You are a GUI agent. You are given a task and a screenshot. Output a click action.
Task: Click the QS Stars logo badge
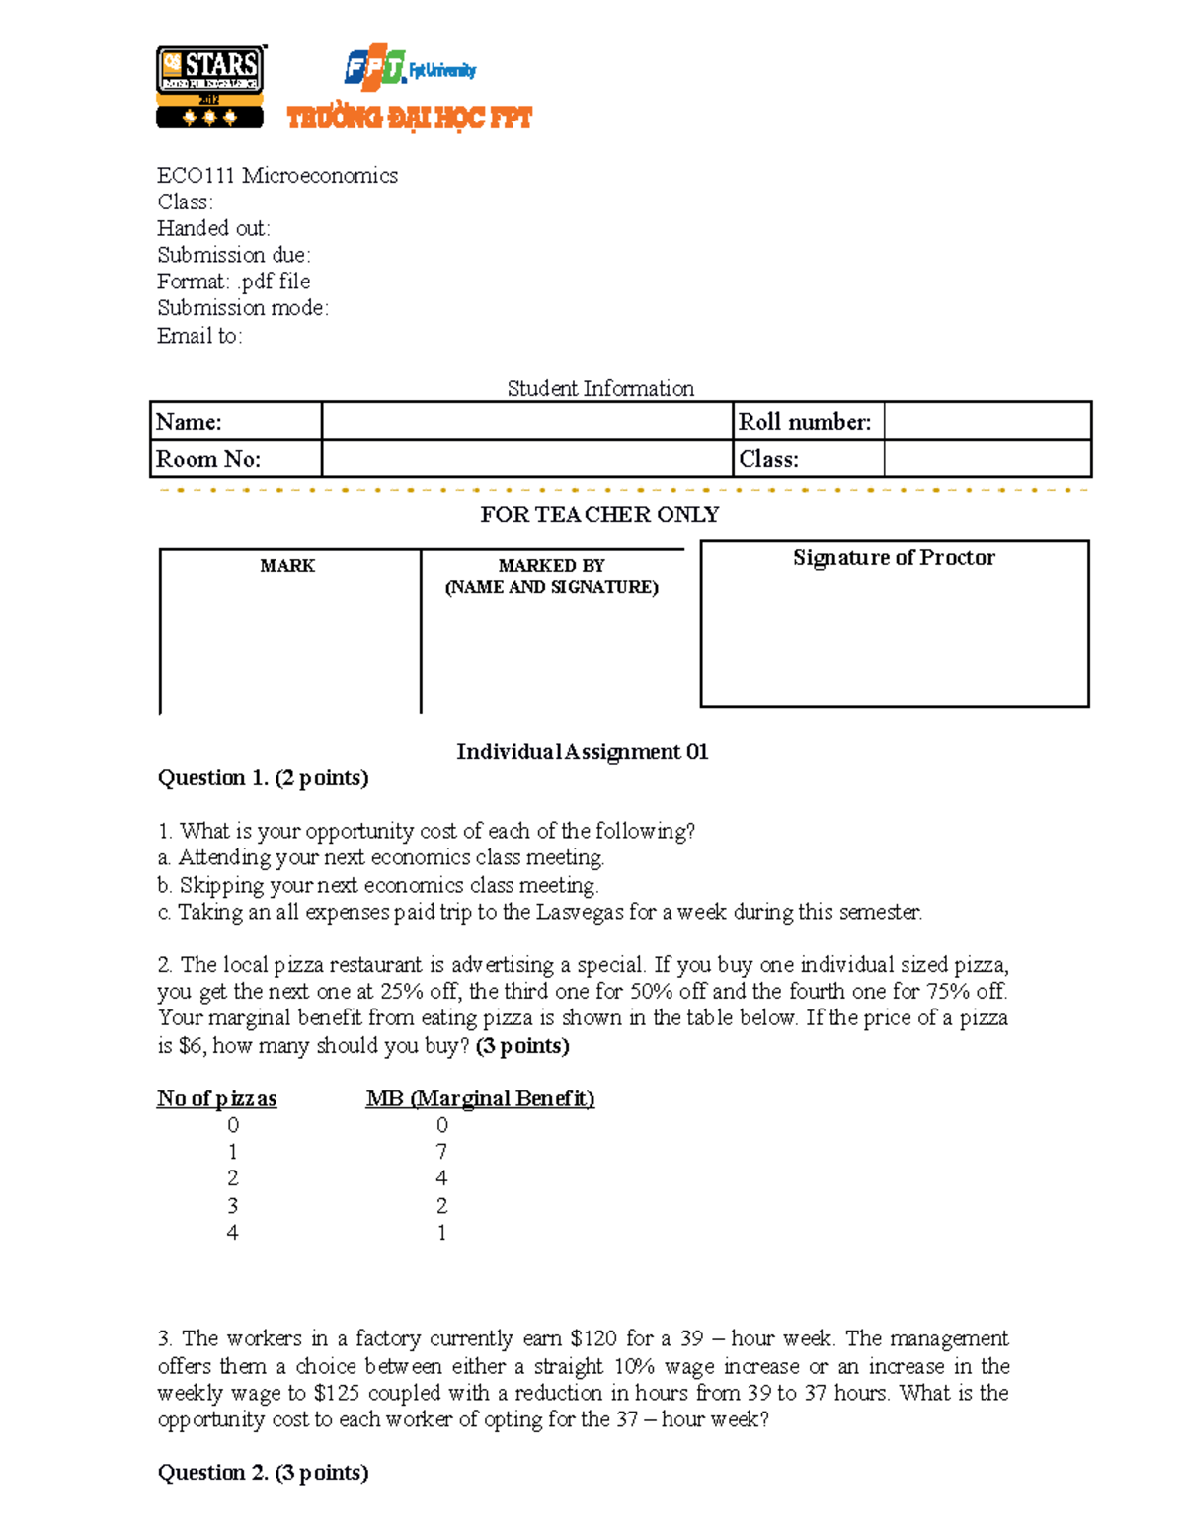210,87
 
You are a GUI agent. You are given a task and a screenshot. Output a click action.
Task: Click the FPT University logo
409,68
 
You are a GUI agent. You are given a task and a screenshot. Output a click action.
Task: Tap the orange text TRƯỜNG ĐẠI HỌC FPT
409,119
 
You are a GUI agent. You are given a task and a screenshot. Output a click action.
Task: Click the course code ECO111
196,176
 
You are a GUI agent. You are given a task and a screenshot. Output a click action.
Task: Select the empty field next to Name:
526,421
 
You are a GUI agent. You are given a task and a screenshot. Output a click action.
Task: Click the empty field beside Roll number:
987,421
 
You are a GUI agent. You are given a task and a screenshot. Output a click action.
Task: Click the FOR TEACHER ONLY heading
599,515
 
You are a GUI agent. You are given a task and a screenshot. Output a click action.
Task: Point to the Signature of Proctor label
894,558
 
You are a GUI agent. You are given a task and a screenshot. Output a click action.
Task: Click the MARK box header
287,566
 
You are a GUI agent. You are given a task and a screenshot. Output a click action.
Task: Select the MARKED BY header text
551,566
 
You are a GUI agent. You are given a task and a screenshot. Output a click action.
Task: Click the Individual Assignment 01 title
582,752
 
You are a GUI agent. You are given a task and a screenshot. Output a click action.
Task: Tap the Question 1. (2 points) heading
263,778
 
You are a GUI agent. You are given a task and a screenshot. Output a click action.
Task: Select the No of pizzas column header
216,1099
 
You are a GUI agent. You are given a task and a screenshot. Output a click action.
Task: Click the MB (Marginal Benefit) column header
480,1099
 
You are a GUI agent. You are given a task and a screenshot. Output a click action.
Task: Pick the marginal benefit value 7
441,1152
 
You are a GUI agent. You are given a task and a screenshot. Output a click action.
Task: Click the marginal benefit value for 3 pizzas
441,1206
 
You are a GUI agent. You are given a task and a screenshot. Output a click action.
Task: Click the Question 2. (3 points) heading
263,1473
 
